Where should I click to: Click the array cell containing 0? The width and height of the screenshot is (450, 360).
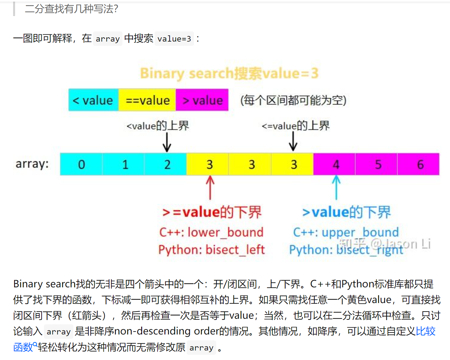coord(81,164)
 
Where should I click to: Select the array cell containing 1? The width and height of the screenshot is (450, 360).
coord(123,164)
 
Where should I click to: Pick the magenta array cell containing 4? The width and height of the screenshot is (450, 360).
coord(335,164)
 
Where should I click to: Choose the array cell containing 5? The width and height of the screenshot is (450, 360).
coord(377,164)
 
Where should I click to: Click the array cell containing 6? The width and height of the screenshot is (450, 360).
coord(419,164)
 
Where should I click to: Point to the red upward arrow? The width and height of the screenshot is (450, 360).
coord(210,188)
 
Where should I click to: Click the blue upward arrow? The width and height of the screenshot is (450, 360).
coord(336,188)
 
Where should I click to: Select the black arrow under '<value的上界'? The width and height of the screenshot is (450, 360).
coord(167,143)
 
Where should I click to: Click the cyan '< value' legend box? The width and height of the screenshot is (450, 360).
coord(93,100)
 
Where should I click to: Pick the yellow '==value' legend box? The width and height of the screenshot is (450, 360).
coord(147,100)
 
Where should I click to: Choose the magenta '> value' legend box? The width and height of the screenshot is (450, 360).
coord(202,100)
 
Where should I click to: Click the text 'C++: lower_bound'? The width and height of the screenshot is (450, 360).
coord(211,232)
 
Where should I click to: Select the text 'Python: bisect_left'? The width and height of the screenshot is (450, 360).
coord(211,250)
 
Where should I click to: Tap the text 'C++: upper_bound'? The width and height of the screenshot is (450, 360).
coord(346,232)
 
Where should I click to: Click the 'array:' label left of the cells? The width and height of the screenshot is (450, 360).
coord(32,164)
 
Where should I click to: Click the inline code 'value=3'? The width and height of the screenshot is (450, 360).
coord(174,39)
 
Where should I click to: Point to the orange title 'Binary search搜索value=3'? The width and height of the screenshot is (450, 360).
coord(229,73)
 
